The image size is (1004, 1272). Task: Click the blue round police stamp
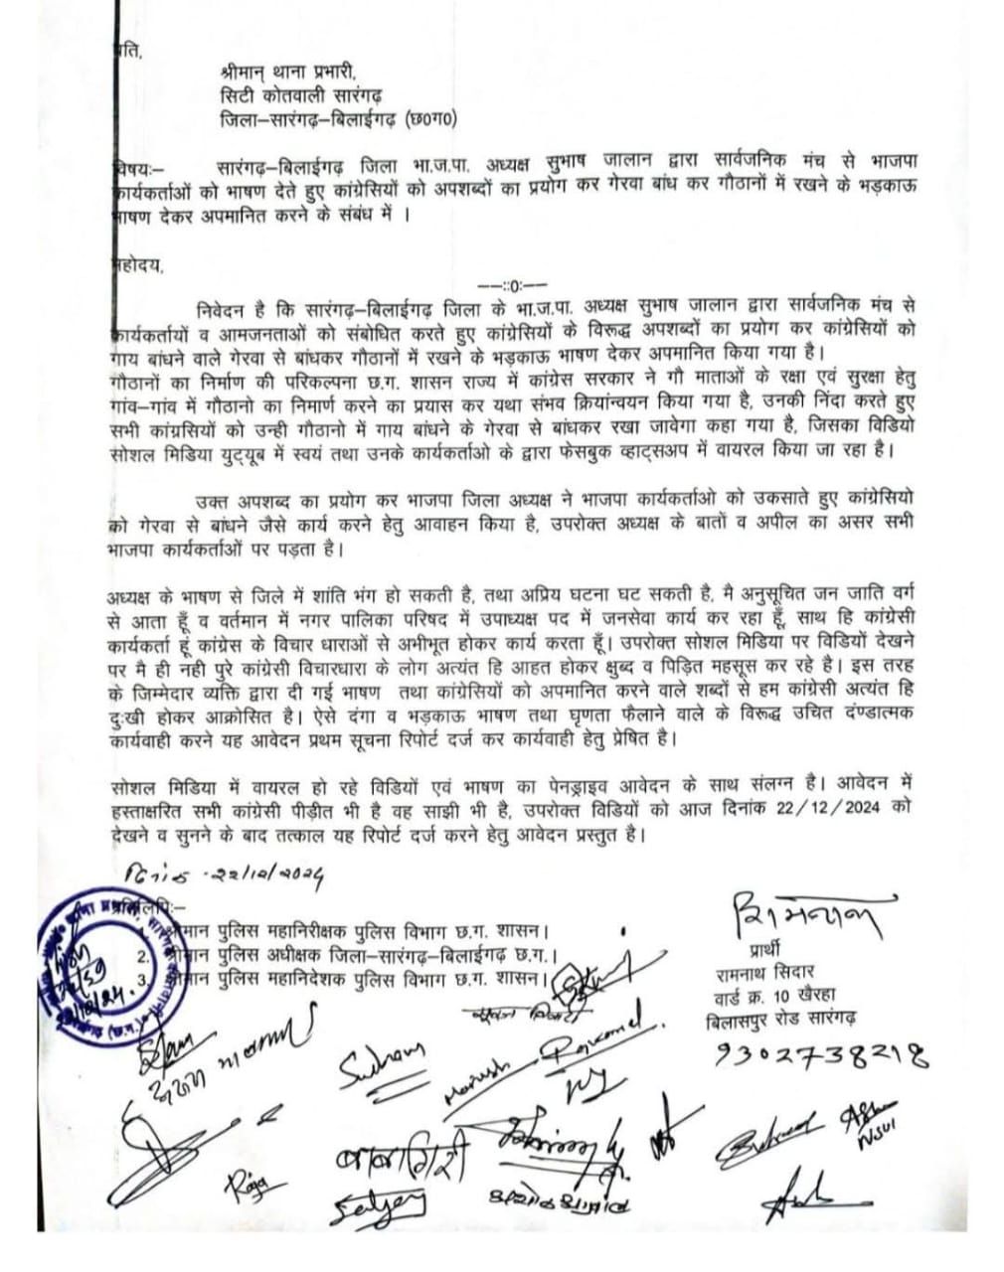[94, 959]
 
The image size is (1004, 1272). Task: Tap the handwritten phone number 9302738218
[821, 1055]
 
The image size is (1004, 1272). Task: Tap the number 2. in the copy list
[143, 956]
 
